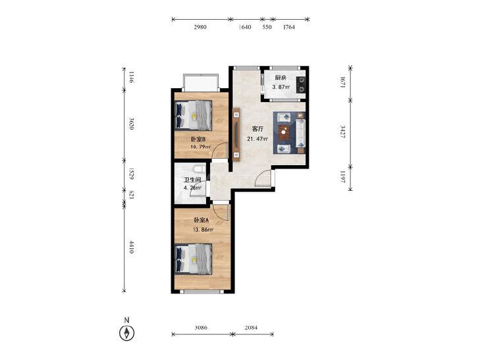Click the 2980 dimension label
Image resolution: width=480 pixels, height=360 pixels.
tap(200, 27)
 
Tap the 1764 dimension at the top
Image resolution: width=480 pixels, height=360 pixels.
tap(288, 27)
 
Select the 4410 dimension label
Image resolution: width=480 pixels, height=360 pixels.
tap(131, 247)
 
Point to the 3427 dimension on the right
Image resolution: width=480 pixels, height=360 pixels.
tap(343, 132)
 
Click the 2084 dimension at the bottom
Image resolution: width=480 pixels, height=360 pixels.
tap(251, 328)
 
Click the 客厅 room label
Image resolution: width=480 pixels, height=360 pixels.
tap(257, 129)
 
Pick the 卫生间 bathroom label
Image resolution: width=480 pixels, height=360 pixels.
tap(192, 180)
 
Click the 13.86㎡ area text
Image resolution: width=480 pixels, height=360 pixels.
tap(203, 230)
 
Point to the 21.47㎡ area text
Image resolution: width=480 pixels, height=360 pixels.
tap(257, 139)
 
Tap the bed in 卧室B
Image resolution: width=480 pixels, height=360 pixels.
tap(193, 116)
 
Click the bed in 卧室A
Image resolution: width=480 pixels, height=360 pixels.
tap(193, 259)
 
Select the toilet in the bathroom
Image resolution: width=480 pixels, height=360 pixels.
tap(200, 169)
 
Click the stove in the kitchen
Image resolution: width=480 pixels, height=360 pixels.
tap(301, 84)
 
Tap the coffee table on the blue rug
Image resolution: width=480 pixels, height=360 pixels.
tap(284, 132)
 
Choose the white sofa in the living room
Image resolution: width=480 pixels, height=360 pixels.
tap(300, 133)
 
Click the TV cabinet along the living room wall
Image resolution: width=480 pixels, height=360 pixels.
tap(236, 134)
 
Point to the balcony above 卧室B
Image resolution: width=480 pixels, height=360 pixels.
tap(201, 82)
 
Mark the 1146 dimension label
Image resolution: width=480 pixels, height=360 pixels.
tap(131, 77)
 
